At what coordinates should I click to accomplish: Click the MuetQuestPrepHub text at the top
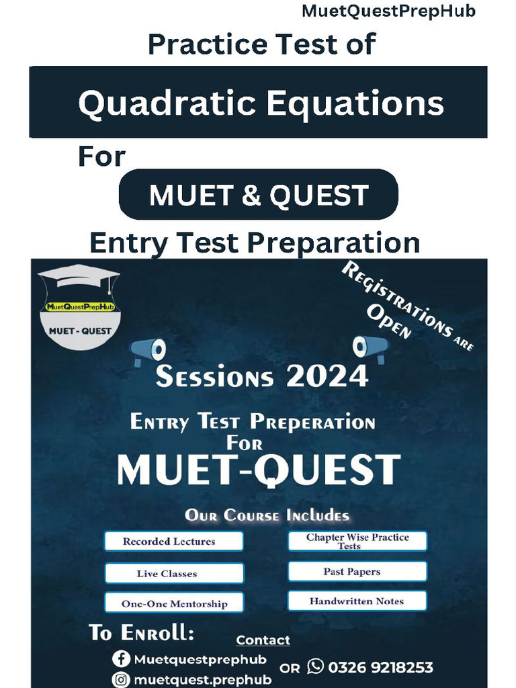point(388,11)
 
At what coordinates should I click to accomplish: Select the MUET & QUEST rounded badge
point(259,195)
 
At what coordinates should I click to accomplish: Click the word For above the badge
point(102,157)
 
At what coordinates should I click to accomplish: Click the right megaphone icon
point(370,347)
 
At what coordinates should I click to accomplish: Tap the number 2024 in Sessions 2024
point(327,376)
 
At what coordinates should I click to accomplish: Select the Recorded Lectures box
point(173,542)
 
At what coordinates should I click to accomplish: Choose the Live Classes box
point(173,574)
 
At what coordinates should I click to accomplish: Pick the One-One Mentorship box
point(173,603)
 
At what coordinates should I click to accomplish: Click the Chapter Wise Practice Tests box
point(357,542)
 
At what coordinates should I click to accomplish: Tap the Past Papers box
point(357,572)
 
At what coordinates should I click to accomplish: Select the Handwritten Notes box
point(357,601)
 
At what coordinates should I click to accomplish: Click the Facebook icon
point(122,659)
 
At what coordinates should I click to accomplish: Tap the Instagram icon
point(122,679)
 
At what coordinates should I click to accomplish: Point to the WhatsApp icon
point(315,666)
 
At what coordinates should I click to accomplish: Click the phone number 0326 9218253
point(380,668)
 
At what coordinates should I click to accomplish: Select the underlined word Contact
point(263,640)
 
